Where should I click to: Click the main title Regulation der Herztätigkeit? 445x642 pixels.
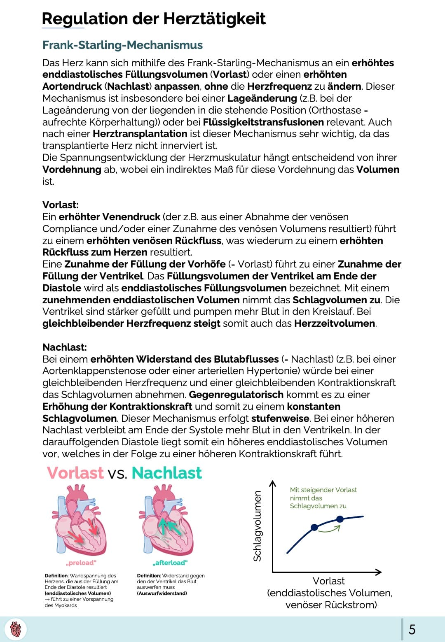point(154,19)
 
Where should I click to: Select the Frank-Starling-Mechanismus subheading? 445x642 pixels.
point(122,45)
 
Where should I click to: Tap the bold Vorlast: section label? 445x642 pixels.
point(61,205)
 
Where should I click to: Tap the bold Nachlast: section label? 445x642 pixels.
point(65,347)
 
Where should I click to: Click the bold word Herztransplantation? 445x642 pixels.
point(140,134)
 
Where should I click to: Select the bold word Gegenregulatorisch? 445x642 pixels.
point(236,395)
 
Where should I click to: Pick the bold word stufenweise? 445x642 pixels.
point(280,419)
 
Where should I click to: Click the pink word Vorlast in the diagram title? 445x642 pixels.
point(75,473)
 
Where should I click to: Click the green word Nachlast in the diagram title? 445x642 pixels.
point(167,473)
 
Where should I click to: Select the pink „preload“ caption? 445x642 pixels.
point(81,563)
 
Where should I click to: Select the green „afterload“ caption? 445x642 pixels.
point(170,563)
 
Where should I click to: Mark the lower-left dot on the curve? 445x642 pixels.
point(314,527)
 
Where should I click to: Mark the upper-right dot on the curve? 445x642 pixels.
point(340,519)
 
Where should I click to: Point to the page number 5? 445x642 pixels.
point(412,629)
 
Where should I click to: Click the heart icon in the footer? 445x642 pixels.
point(16,629)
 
